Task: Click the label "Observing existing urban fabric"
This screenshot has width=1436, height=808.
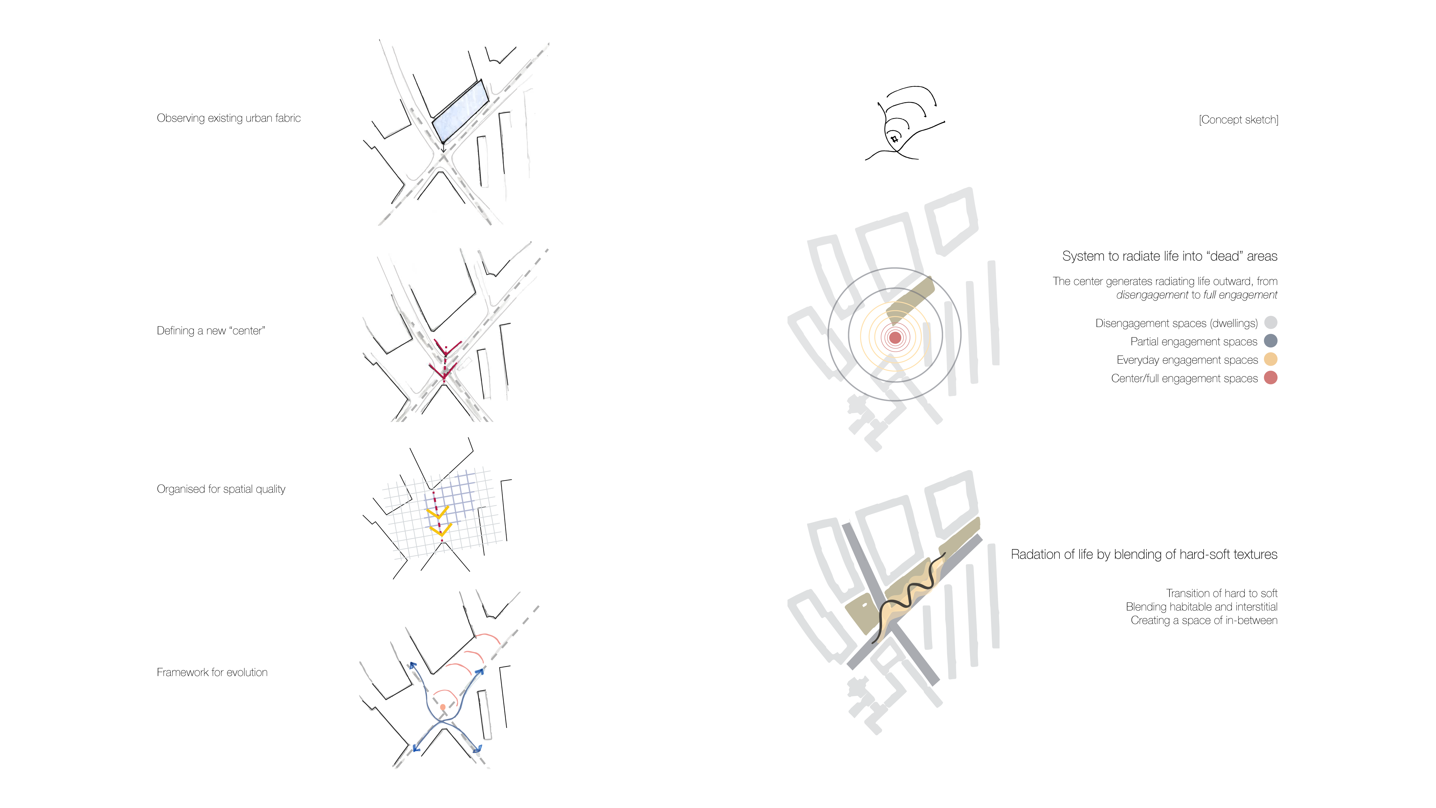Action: tap(229, 118)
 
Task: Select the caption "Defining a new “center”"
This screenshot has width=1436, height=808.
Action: tap(211, 331)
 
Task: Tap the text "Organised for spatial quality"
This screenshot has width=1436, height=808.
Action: tap(221, 489)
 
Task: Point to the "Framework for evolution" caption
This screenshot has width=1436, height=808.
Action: tap(212, 672)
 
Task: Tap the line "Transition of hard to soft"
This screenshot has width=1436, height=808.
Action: tap(1221, 593)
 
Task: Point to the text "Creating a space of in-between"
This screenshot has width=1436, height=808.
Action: tap(1204, 621)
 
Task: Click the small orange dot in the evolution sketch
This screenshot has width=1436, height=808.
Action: tap(443, 707)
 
